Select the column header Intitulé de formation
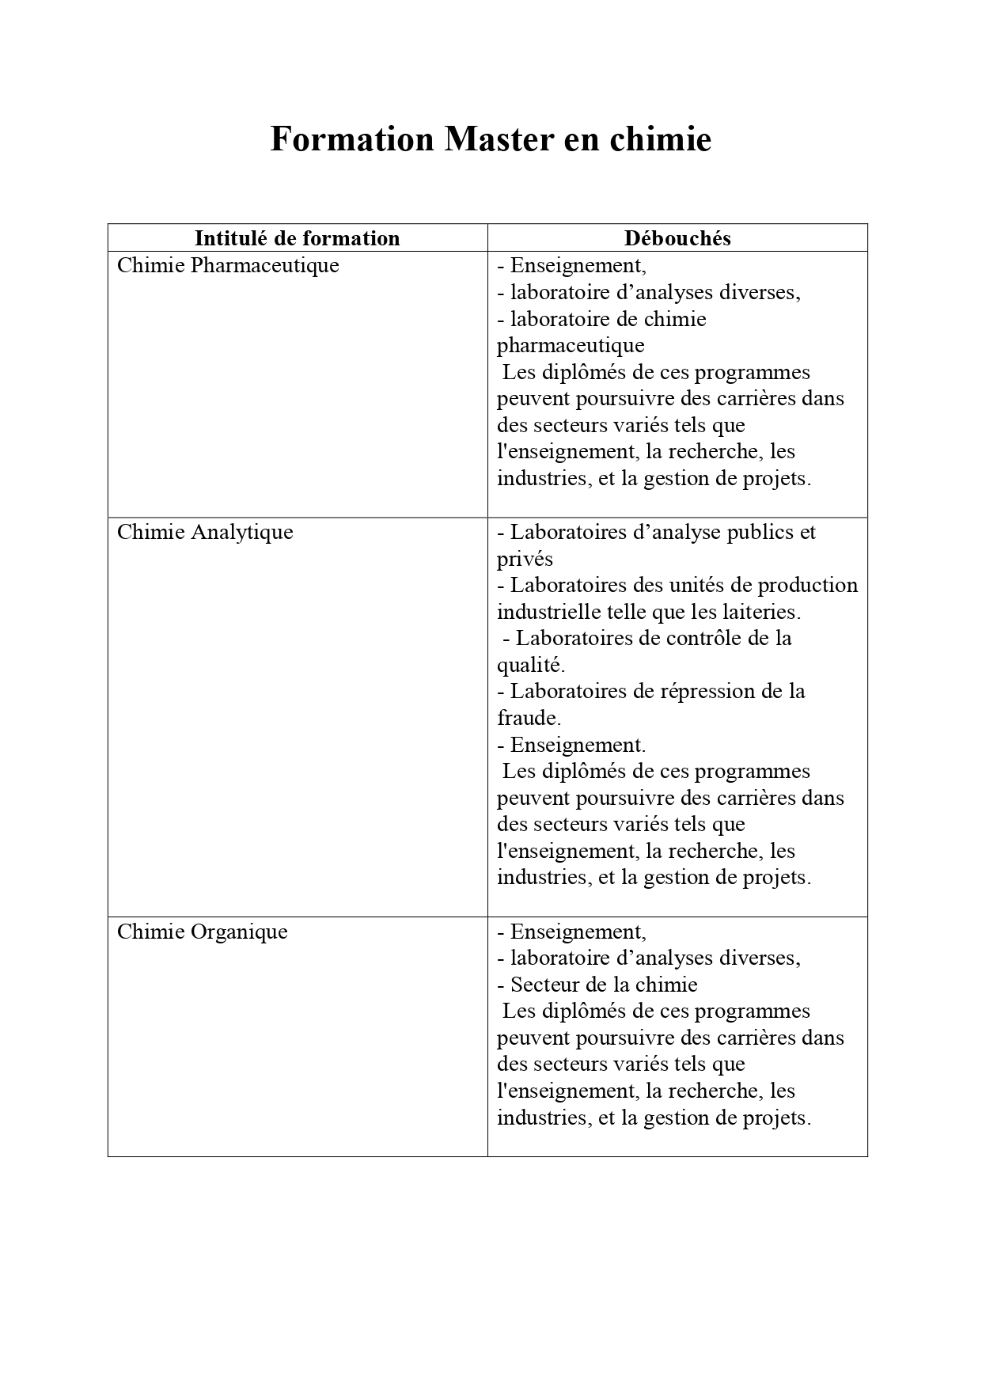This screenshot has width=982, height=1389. point(297,238)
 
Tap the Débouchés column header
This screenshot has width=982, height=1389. point(677,238)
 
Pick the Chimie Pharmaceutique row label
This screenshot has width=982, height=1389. point(228,265)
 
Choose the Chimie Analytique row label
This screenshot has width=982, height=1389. point(205,532)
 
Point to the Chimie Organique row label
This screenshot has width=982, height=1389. point(202,932)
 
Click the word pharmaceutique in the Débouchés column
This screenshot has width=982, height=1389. point(571,346)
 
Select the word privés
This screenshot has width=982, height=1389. point(525,560)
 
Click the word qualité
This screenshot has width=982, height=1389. point(530,665)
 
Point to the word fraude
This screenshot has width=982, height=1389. point(529,719)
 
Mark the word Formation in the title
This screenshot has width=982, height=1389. point(352,140)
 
